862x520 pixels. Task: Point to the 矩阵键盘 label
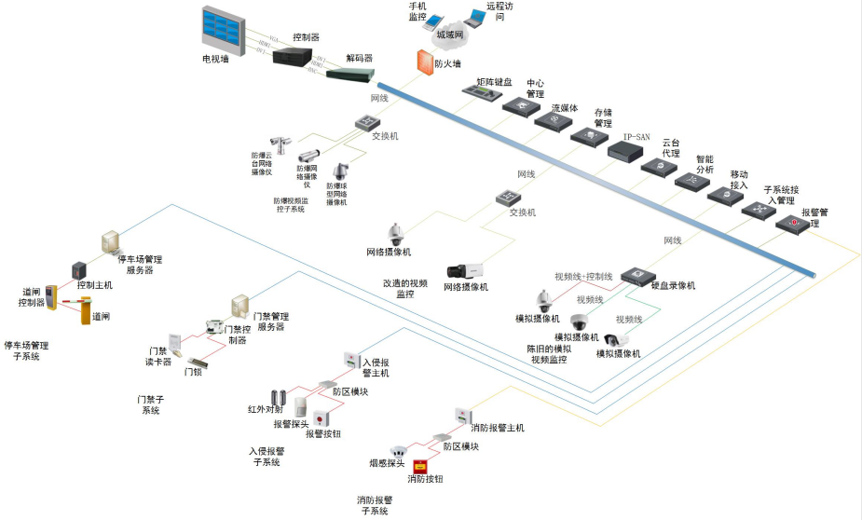(x=494, y=82)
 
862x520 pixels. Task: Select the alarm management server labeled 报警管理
(x=790, y=224)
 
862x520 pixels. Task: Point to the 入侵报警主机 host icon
(x=351, y=360)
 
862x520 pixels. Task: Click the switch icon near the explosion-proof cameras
(x=365, y=122)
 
